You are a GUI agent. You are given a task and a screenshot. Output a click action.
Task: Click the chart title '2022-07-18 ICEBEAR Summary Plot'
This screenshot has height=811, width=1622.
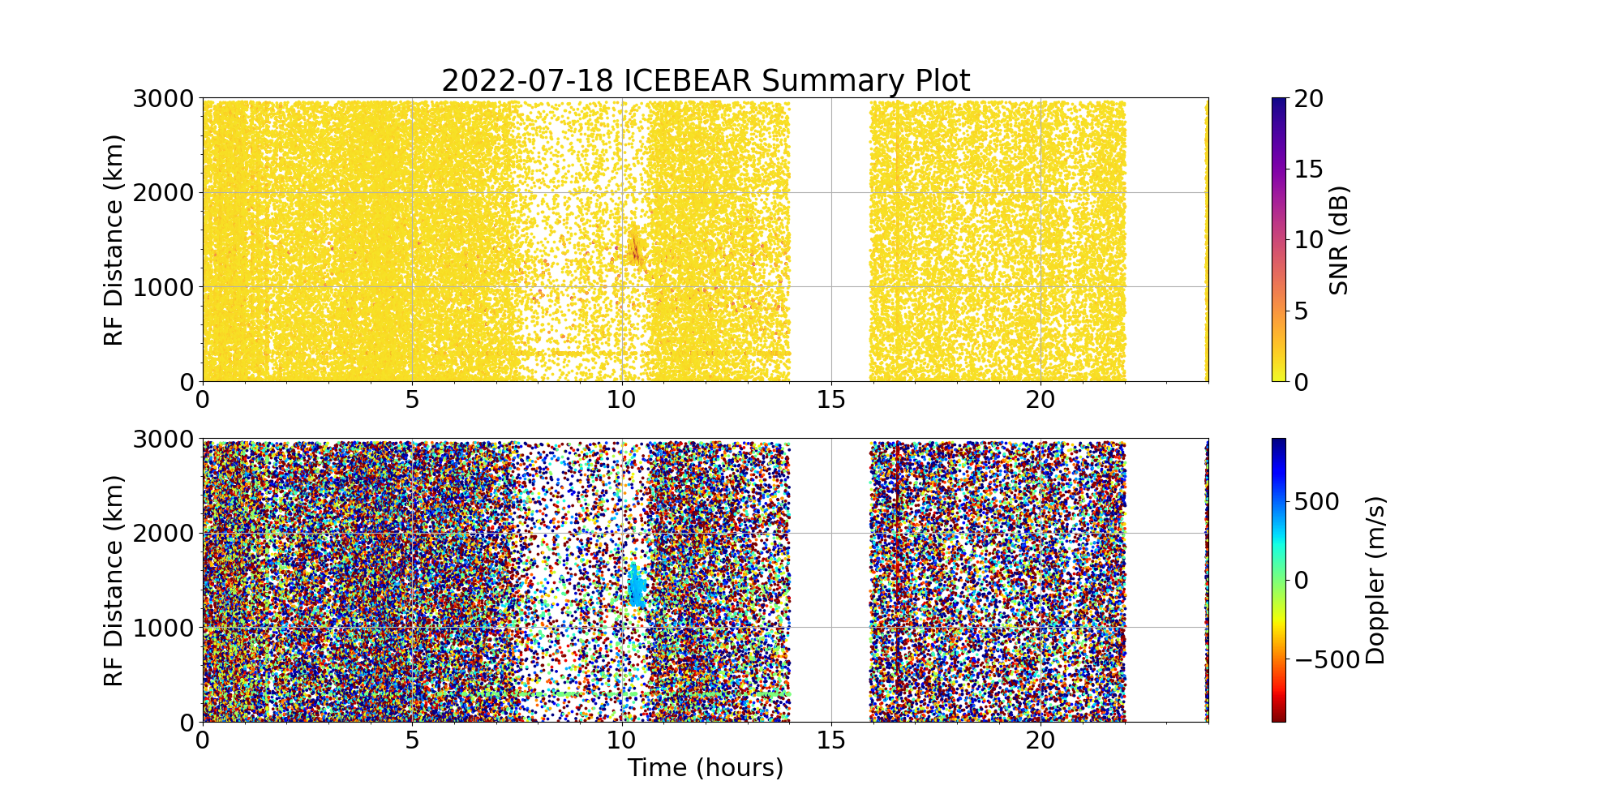click(705, 81)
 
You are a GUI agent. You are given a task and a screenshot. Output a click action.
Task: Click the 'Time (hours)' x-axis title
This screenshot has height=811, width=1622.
click(705, 767)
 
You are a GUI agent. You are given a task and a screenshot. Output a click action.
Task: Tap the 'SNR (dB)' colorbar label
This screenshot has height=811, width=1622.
click(1339, 240)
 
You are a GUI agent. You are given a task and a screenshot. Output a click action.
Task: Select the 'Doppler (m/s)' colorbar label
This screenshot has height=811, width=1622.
click(1375, 581)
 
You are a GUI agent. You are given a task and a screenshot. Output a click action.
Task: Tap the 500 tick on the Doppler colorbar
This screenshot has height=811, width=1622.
click(1317, 501)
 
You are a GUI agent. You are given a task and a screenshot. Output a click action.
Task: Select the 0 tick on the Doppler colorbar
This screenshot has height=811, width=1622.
click(1301, 581)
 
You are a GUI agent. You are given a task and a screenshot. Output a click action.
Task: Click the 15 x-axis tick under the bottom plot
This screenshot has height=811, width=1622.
click(831, 740)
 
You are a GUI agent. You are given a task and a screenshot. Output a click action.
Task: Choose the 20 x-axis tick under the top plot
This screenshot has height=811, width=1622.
click(1041, 400)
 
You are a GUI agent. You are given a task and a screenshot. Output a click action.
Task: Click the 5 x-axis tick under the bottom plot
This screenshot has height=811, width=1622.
click(412, 740)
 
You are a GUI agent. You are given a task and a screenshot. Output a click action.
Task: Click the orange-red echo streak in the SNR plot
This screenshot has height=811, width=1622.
click(634, 247)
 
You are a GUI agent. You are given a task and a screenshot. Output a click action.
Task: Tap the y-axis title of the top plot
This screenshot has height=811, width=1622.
click(114, 240)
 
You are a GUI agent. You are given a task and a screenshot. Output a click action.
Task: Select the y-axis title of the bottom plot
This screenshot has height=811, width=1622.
click(114, 581)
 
